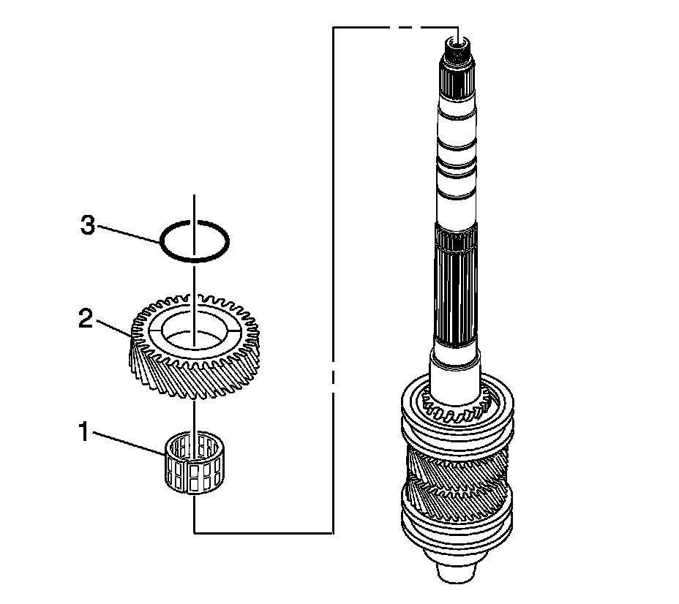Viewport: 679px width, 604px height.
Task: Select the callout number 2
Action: [x=86, y=320]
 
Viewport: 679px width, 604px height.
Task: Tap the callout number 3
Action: [x=87, y=226]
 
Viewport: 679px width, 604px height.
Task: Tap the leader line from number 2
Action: [x=114, y=327]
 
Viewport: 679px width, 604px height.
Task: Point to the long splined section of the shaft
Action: [x=457, y=292]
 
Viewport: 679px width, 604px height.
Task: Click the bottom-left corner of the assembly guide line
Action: [x=195, y=532]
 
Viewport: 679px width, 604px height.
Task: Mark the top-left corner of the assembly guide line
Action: [x=334, y=28]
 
